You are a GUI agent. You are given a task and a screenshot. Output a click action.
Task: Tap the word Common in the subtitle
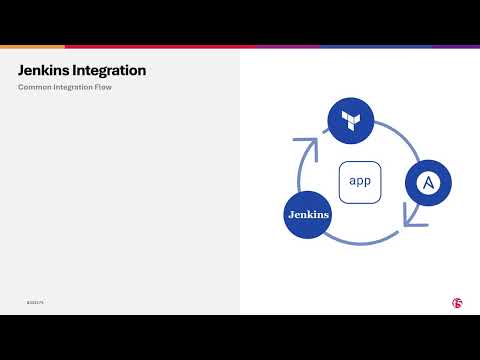pos(35,88)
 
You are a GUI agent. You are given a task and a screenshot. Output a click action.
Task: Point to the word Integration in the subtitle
pos(77,88)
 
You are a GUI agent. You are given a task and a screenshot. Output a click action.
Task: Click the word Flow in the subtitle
pos(110,88)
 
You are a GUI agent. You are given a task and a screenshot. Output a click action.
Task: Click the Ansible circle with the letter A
pos(428,183)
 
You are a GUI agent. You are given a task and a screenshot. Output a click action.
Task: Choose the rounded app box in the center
pos(359,182)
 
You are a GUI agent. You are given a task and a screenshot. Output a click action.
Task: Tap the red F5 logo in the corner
pos(456,302)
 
